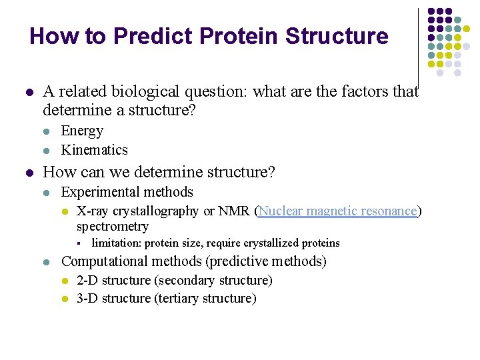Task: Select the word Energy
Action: click(82, 131)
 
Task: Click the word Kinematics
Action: click(94, 149)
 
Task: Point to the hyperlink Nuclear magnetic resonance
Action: click(337, 211)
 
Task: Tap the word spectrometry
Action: click(112, 227)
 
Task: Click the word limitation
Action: click(117, 243)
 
